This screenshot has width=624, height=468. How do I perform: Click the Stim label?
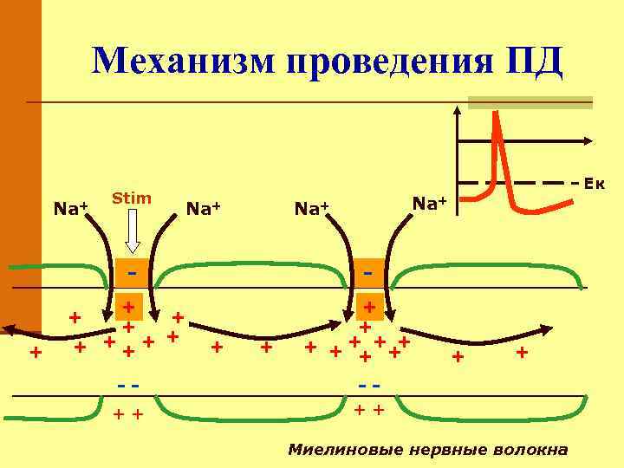tap(132, 198)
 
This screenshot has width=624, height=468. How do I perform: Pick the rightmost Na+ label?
tap(429, 204)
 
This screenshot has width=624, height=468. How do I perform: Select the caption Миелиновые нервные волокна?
tap(428, 450)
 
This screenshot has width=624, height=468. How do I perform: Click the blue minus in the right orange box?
tap(368, 274)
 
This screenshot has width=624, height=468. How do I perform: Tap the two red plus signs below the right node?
tap(368, 409)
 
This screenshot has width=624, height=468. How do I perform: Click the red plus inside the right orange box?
tap(370, 306)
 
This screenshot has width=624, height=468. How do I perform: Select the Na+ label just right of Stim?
tap(204, 208)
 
